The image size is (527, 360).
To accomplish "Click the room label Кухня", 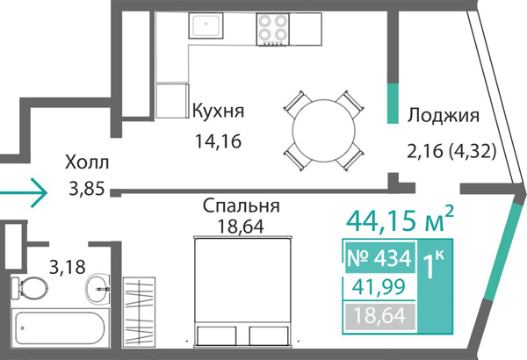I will pos(217,112).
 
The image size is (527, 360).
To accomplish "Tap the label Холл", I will pos(87,162).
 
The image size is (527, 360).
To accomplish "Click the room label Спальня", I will pos(241,206).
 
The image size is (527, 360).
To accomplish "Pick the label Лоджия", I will pos(444,116).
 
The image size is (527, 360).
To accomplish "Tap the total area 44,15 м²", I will pos(400,217).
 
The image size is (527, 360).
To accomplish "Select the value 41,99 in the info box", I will pos(376,287).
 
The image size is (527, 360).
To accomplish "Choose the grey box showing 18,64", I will pos(376,314).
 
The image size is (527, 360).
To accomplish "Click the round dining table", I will pos(321,129).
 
